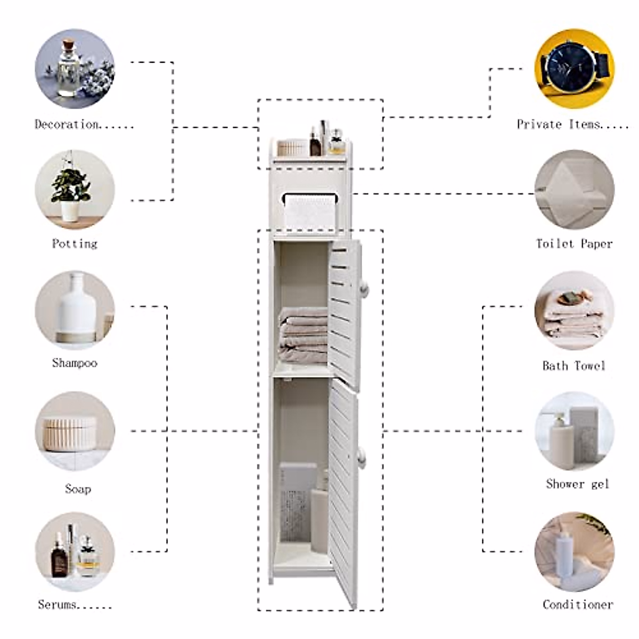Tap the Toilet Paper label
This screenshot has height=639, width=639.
(x=574, y=244)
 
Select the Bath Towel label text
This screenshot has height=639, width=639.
(x=574, y=366)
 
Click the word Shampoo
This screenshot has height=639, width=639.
(x=75, y=363)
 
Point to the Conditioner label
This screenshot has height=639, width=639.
(x=578, y=604)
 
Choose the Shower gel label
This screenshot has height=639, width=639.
(x=577, y=484)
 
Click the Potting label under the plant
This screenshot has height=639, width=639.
(x=75, y=244)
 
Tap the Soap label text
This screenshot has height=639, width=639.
(x=78, y=489)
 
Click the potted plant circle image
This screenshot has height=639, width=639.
(x=75, y=190)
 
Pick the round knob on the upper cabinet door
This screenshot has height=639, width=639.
(x=364, y=288)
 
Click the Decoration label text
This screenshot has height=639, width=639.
(x=83, y=125)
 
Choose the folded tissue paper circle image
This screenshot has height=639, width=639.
(x=574, y=190)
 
